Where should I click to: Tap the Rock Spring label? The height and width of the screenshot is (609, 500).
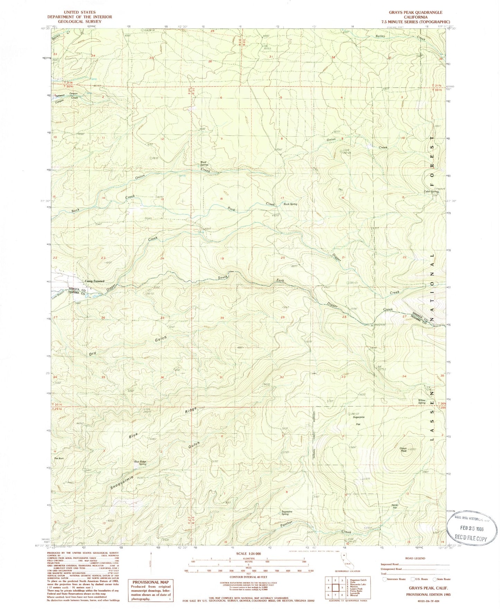click(290, 204)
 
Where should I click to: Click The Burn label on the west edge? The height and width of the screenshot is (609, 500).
click(58, 458)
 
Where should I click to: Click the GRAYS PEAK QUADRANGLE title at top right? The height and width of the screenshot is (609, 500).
click(410, 12)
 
